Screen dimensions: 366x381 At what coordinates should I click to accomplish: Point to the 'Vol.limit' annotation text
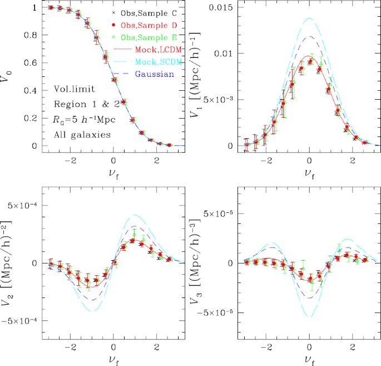coord(74,90)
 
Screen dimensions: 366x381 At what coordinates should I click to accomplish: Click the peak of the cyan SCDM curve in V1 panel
coord(309,18)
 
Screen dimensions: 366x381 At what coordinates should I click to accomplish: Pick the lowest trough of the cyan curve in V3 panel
coord(309,317)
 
